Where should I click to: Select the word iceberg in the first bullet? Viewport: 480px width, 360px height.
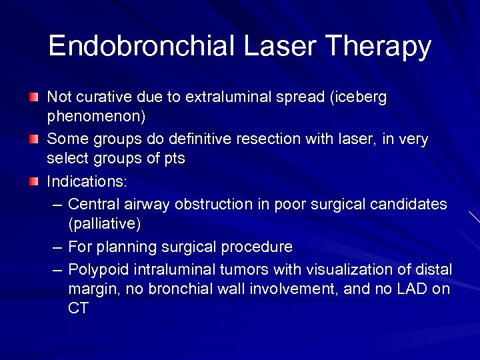point(361,97)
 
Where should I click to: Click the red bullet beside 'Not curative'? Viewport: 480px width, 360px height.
point(34,98)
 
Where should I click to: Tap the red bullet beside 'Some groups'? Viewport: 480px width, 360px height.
point(34,140)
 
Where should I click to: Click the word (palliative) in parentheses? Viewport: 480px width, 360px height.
point(104,223)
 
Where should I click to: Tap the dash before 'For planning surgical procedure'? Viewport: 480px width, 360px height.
point(57,247)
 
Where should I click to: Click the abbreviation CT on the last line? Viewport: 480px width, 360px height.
point(78,309)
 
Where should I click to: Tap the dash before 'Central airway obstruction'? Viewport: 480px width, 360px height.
point(57,204)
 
